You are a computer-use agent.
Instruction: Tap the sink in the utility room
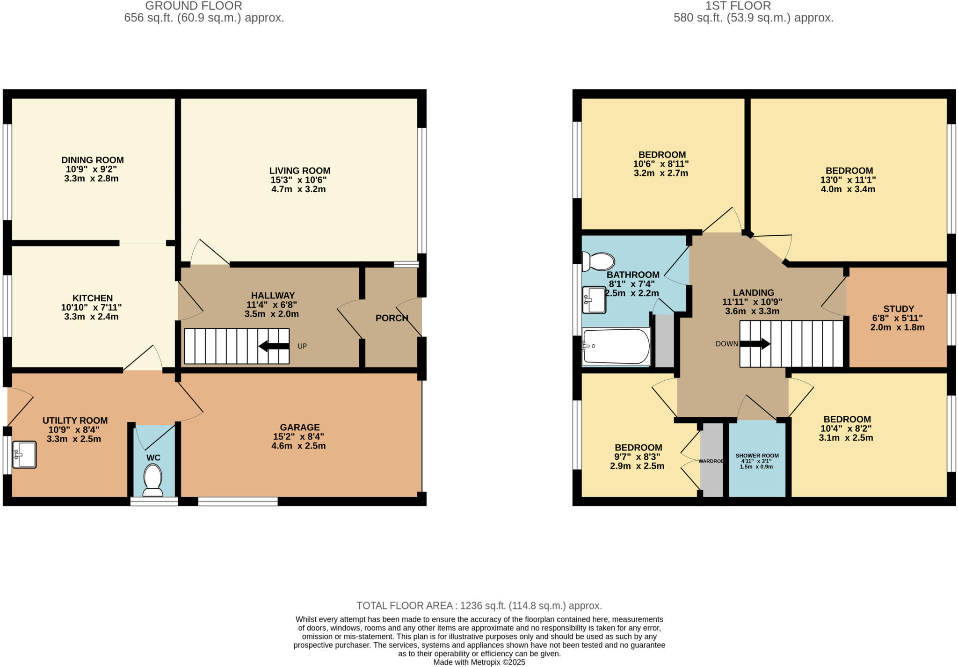point(24,454)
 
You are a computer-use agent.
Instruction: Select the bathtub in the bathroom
point(616,347)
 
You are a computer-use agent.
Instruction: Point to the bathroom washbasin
point(594,300)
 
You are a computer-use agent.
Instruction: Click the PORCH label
point(392,318)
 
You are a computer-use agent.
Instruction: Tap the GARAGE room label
point(300,427)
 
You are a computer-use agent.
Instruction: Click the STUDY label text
point(898,309)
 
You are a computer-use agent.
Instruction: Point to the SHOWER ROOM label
point(757,456)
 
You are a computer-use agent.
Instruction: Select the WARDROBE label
point(711,461)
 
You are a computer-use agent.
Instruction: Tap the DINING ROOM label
point(93,160)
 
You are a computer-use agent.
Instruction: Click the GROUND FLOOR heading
point(194,6)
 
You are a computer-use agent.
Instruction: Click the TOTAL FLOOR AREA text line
point(479,606)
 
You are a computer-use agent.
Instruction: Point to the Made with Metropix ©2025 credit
point(479,662)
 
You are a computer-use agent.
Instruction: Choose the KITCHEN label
point(93,298)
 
